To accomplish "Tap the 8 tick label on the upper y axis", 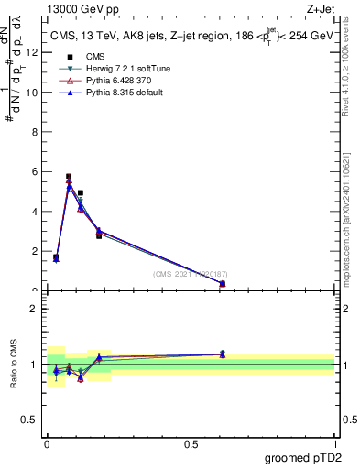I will [34, 132].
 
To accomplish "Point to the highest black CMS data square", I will [69, 176].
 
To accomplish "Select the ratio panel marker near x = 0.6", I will [223, 354].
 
